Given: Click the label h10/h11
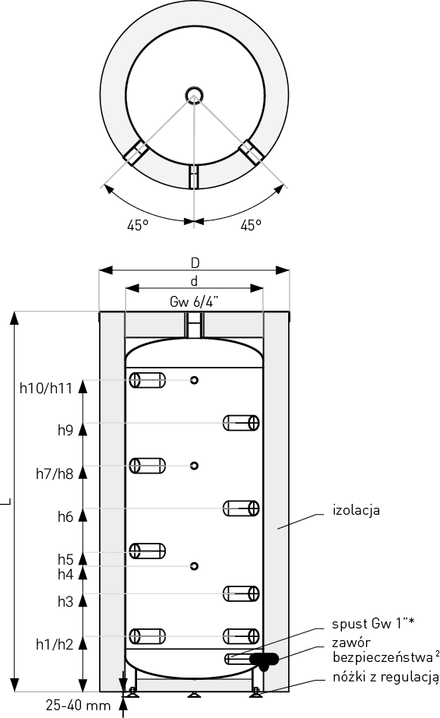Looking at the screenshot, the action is [x=46, y=389].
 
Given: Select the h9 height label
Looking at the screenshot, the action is [x=65, y=431].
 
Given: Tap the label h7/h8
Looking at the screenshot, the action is [x=55, y=473].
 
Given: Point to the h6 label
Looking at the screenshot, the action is [x=65, y=516].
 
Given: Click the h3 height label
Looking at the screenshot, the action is [x=65, y=601].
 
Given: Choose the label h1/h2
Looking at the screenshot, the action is [x=55, y=644].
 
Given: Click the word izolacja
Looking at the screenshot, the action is [x=356, y=510].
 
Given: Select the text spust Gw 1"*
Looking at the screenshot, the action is [x=373, y=624].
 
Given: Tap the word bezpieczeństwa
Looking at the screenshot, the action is [x=383, y=657].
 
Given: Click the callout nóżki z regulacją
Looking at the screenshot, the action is [x=385, y=678].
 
